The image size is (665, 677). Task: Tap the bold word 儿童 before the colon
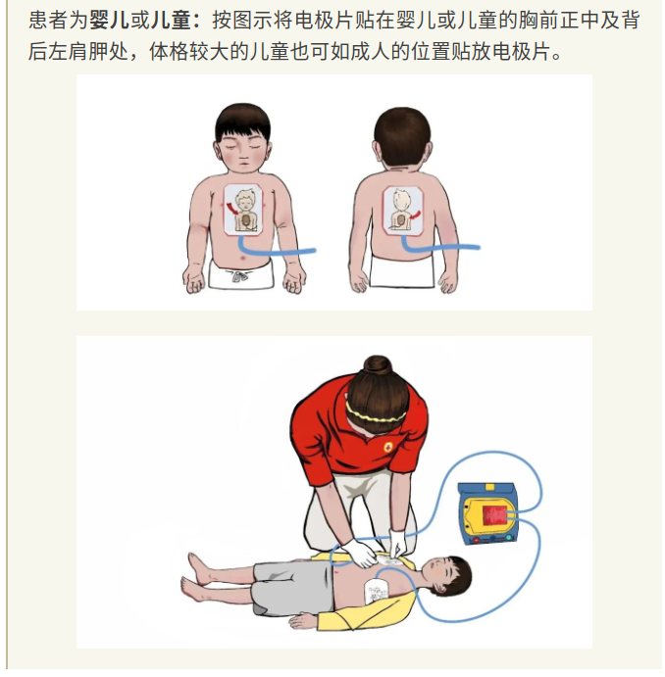171,21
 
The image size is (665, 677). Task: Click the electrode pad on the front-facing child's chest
243,210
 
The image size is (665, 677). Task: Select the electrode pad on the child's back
402,211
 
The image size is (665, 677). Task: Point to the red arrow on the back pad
415,213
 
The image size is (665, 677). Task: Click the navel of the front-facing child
242,259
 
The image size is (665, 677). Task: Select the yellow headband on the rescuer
376,415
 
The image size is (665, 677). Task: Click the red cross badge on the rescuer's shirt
388,447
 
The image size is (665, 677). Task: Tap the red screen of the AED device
494,515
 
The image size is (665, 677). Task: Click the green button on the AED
509,538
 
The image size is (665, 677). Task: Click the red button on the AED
476,540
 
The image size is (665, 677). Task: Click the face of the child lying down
440,573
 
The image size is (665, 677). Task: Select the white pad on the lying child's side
378,592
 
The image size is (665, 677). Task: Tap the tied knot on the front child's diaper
239,275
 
